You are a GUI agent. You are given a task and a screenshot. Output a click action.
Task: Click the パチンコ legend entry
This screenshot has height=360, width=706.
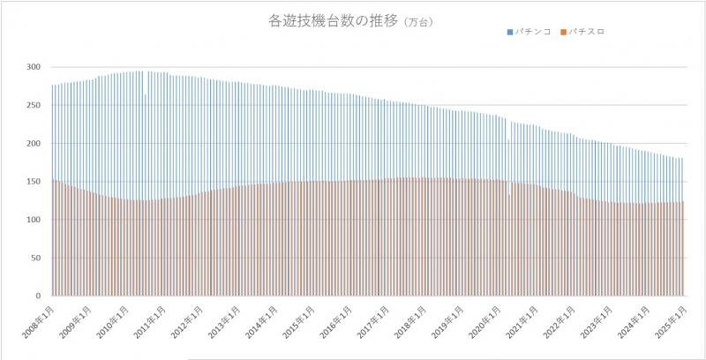click(x=533, y=32)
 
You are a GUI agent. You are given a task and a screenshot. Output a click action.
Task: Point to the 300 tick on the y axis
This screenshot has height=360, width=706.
click(x=33, y=67)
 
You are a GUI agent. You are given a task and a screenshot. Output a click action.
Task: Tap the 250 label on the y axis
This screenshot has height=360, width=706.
click(x=33, y=105)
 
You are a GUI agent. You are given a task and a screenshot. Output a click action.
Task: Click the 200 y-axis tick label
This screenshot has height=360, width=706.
click(x=33, y=143)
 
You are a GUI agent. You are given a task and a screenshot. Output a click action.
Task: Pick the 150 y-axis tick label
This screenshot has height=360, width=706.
click(x=33, y=182)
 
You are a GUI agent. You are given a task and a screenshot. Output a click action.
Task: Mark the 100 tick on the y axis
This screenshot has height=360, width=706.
click(x=33, y=220)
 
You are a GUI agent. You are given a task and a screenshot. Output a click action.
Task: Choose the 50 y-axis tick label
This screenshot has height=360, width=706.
click(x=35, y=258)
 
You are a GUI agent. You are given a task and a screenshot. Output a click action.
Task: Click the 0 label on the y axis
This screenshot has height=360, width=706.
click(x=38, y=296)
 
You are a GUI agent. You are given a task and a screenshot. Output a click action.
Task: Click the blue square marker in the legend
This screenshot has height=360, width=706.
click(x=509, y=32)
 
